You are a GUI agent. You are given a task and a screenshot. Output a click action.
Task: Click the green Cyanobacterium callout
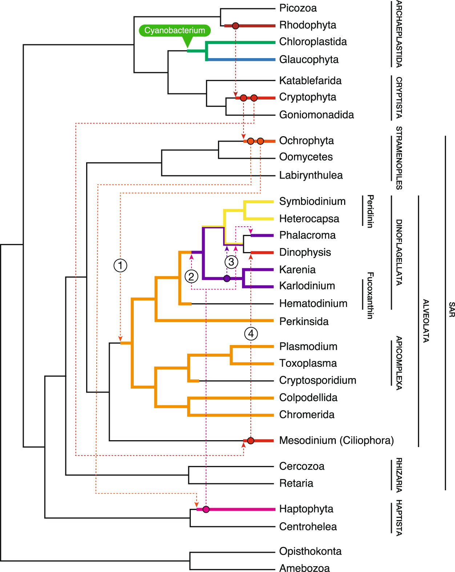174,31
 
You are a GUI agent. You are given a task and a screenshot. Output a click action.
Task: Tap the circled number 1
120,265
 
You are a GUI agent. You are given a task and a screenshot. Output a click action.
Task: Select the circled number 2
192,277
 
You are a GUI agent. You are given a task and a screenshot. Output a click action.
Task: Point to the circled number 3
231,262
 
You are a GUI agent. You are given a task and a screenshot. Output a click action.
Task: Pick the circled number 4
251,333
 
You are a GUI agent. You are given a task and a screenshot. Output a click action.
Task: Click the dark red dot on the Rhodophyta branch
235,26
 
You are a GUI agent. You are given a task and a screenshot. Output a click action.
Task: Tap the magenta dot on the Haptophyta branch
206,509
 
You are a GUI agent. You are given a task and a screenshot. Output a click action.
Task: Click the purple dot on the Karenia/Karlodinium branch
227,279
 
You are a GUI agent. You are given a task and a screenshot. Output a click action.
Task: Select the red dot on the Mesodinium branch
250,441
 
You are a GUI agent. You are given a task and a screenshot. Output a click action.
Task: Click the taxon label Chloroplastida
313,42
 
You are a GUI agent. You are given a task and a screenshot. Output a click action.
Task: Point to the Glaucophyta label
309,60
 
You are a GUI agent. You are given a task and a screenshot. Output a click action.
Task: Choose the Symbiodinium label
312,201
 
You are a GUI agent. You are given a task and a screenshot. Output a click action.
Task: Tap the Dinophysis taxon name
305,252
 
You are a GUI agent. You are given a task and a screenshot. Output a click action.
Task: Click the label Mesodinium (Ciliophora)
336,441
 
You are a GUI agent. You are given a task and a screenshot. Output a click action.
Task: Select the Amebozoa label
304,568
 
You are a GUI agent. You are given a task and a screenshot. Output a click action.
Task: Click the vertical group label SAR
451,309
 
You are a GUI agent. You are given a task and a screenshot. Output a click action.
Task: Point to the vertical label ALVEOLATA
426,321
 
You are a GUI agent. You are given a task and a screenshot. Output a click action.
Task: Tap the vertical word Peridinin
370,211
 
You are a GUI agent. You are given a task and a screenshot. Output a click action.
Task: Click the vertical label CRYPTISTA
399,98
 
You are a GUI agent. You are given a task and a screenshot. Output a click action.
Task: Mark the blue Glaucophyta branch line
240,60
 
